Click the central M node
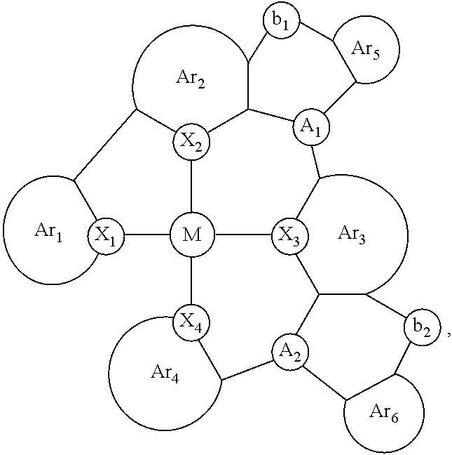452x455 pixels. click(x=192, y=235)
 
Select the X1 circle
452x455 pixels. click(x=106, y=236)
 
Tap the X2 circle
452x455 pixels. click(x=191, y=142)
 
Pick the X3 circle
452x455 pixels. click(x=290, y=236)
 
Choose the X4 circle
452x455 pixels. click(x=191, y=323)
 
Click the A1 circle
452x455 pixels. click(x=311, y=127)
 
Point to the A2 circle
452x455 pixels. click(x=290, y=352)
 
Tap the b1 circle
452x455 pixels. click(x=282, y=20)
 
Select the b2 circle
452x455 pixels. click(x=422, y=327)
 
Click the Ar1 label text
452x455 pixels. click(x=48, y=232)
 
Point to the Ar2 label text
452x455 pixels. click(x=191, y=79)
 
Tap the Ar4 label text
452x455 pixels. click(x=165, y=373)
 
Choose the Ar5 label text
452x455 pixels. click(x=365, y=50)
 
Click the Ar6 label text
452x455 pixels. click(x=384, y=412)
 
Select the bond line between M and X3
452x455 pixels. click(x=243, y=235)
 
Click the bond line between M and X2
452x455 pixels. click(x=191, y=186)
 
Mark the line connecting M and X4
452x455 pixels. click(x=191, y=281)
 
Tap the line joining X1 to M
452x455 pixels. click(x=147, y=235)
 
